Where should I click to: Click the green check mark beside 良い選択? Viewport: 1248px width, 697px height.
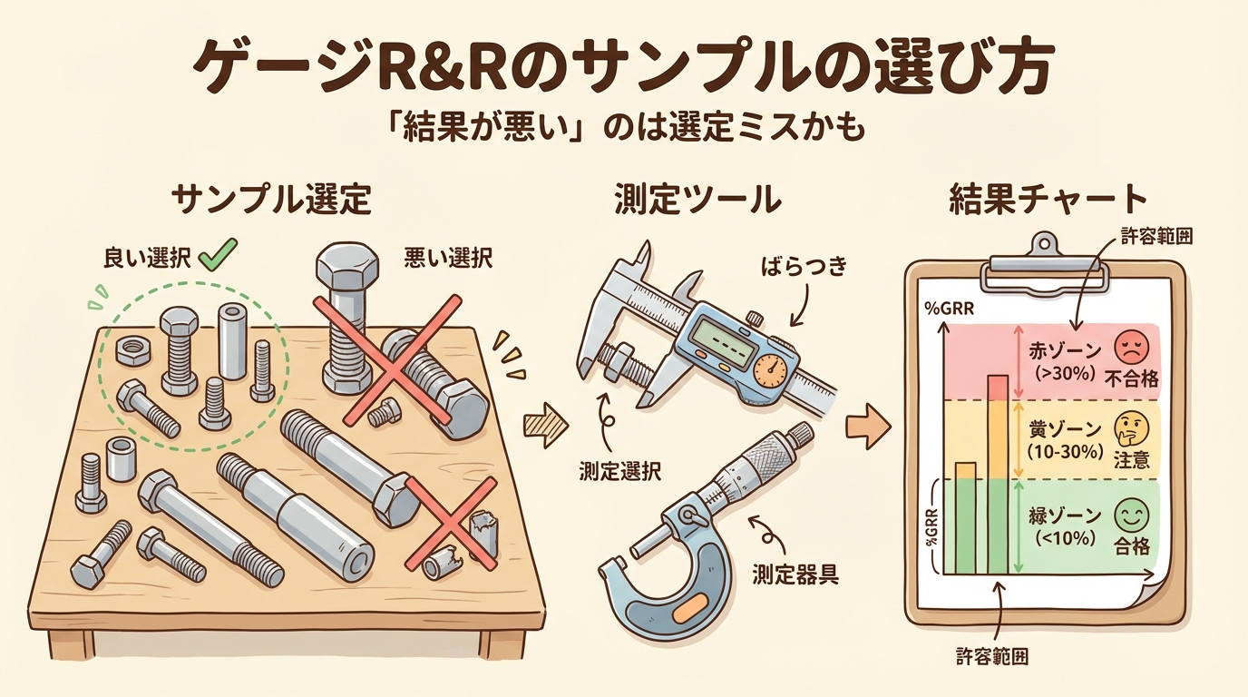(219, 255)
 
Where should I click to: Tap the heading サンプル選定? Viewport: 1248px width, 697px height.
(271, 199)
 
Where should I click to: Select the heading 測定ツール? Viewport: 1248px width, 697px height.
(697, 199)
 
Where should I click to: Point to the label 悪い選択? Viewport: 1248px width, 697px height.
(448, 259)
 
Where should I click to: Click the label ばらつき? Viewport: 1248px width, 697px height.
(804, 266)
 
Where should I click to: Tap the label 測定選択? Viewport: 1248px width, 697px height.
(620, 472)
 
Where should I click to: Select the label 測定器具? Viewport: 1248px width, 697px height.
(795, 573)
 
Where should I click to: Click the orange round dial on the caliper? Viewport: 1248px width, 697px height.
(771, 369)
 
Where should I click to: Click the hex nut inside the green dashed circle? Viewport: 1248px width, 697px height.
(133, 350)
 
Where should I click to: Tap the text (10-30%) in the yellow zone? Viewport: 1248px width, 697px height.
(1066, 452)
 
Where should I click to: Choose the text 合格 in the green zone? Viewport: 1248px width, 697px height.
(1132, 547)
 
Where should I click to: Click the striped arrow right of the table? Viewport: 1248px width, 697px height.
(545, 426)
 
